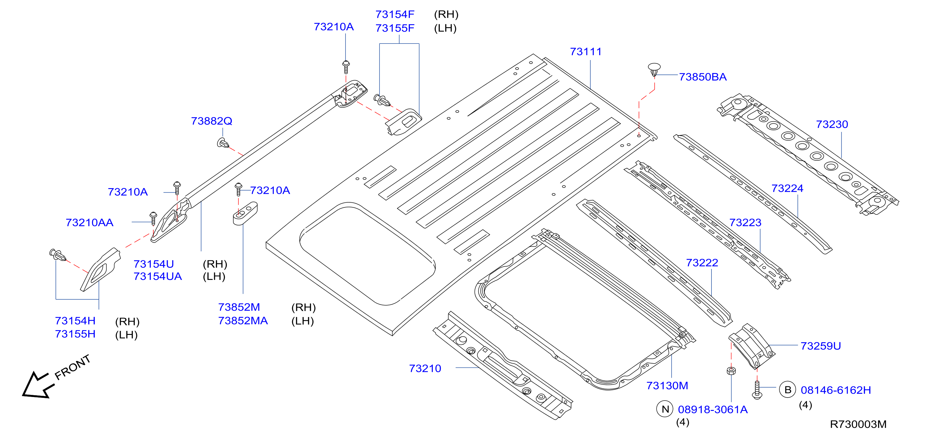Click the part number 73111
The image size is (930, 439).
pyautogui.click(x=586, y=52)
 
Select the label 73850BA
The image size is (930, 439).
pyautogui.click(x=703, y=77)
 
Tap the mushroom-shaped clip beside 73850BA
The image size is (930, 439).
pyautogui.click(x=654, y=70)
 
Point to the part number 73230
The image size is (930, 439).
pyautogui.click(x=832, y=125)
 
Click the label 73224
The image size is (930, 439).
pyautogui.click(x=787, y=188)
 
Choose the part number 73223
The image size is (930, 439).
pyautogui.click(x=745, y=222)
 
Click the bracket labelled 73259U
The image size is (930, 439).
pyautogui.click(x=752, y=346)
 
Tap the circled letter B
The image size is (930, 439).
pyautogui.click(x=788, y=390)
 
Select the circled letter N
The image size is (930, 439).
pyautogui.click(x=665, y=409)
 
